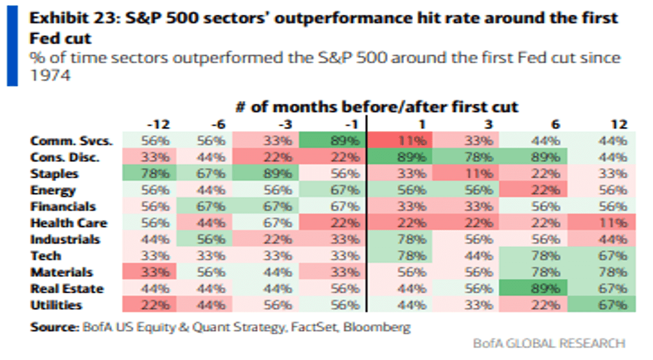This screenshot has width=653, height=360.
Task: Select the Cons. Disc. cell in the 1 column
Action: [401, 157]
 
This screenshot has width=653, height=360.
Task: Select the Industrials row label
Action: [65, 239]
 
